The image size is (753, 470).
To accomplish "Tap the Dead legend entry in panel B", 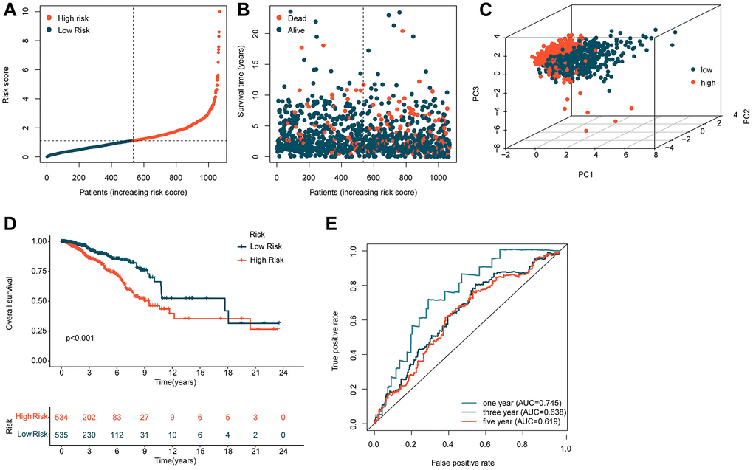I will [x=306, y=15].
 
